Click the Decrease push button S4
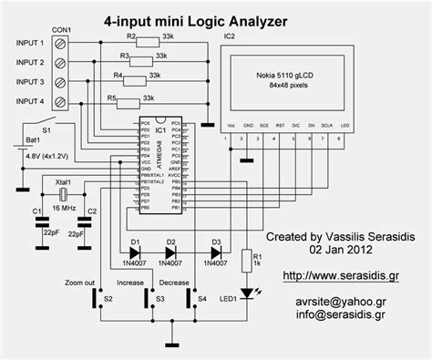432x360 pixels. click(x=190, y=297)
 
